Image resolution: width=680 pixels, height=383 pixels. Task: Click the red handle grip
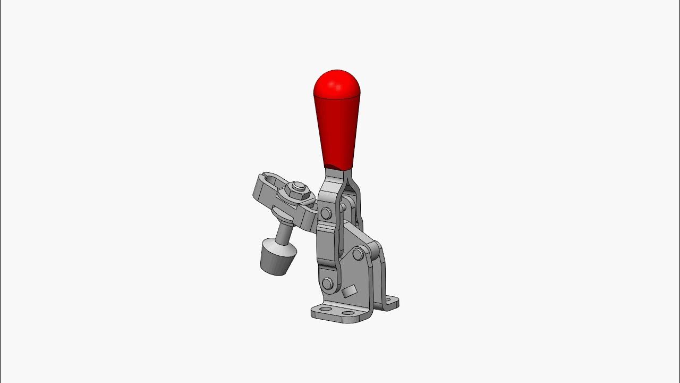pyautogui.click(x=336, y=128)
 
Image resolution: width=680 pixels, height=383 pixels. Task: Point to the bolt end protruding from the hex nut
pyautogui.click(x=299, y=187)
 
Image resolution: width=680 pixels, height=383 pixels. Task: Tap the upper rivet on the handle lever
pyautogui.click(x=326, y=213)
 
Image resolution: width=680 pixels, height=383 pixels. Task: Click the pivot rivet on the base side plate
pyautogui.click(x=358, y=254)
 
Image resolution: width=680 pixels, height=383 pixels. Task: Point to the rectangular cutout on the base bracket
pyautogui.click(x=349, y=291)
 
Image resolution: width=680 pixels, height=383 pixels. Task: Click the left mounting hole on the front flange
pyautogui.click(x=325, y=309)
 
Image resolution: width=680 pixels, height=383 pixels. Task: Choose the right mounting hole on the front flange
pyautogui.click(x=348, y=313)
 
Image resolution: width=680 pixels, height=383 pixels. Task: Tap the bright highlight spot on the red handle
pyautogui.click(x=334, y=85)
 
